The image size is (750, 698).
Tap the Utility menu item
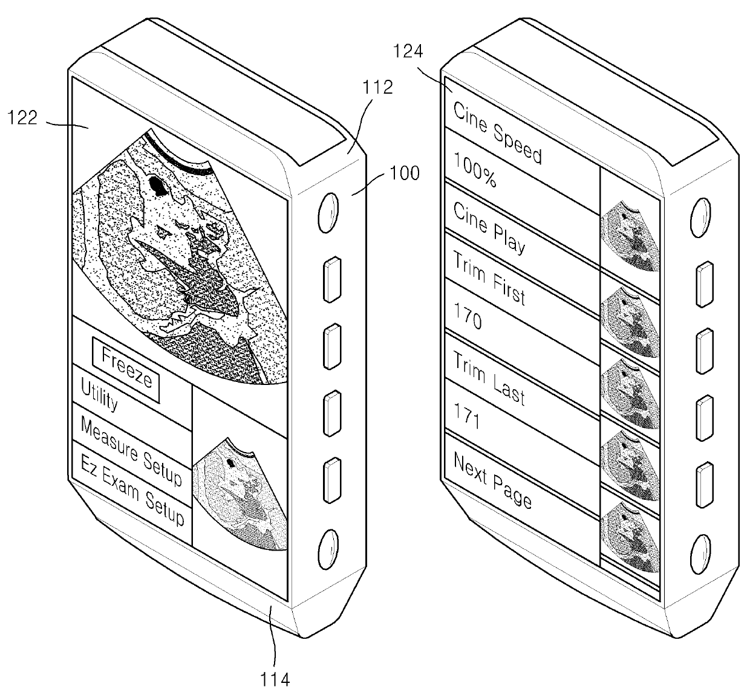coord(100,396)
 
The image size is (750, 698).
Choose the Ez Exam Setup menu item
coord(132,497)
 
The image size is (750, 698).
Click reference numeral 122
coord(22,118)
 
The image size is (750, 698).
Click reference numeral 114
coord(275,680)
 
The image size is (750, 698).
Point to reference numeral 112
coord(378,88)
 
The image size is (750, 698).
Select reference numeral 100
coord(405,173)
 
